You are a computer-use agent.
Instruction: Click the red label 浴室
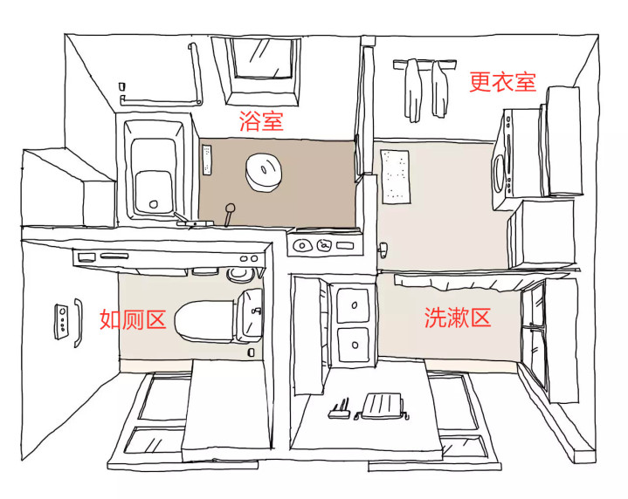tap(261, 120)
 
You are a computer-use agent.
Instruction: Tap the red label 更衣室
tap(502, 82)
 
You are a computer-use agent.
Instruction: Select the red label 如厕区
tap(133, 319)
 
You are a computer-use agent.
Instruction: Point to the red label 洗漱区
tap(458, 318)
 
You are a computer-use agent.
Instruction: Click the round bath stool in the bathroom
tap(264, 172)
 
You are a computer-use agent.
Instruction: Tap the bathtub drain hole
tap(153, 204)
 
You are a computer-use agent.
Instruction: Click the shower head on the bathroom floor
tap(230, 214)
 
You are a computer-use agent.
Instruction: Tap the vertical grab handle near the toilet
tap(78, 323)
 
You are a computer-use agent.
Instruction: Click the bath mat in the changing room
tap(396, 176)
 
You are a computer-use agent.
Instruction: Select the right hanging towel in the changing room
tap(439, 89)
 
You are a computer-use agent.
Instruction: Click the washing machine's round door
tap(499, 174)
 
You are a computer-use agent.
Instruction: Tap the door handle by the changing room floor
tap(383, 249)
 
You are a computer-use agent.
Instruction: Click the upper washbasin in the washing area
tap(353, 305)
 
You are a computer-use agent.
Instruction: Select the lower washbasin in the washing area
tap(354, 345)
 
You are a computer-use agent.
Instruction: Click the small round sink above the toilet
tap(240, 274)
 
